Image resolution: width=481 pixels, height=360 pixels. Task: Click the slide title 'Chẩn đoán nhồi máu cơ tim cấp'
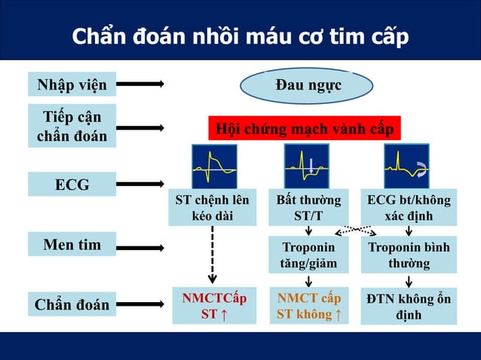240,36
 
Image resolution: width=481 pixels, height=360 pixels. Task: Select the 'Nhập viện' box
72,84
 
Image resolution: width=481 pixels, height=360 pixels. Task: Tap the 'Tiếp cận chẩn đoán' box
72,126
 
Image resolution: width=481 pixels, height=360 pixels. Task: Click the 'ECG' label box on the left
72,184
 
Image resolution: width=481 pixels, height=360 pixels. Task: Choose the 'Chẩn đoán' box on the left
72,305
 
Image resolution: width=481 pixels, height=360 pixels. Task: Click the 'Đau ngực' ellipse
308,85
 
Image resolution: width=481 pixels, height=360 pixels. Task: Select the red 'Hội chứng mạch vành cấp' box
305,128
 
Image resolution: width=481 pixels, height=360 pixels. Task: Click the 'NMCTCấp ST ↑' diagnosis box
213,305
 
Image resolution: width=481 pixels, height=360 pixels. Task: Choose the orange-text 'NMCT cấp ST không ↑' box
308,305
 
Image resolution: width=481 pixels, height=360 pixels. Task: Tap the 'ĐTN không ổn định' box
408,307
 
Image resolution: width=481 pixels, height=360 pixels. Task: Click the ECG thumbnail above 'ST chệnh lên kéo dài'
214,166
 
